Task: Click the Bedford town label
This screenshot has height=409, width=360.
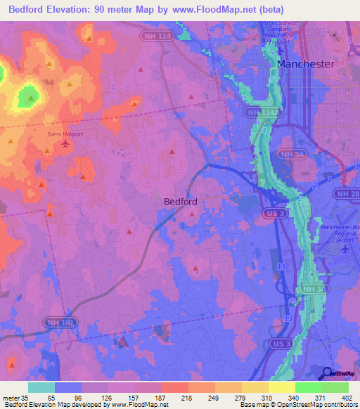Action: [180, 201]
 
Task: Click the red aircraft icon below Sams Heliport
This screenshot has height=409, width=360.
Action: [66, 144]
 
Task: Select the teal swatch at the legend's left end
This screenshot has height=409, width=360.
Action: [41, 387]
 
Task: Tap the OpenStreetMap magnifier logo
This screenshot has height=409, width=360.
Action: [327, 374]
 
